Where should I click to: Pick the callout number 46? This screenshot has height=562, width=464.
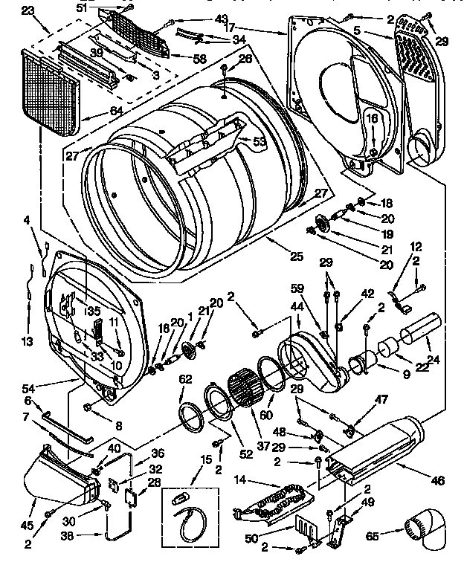(436, 482)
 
